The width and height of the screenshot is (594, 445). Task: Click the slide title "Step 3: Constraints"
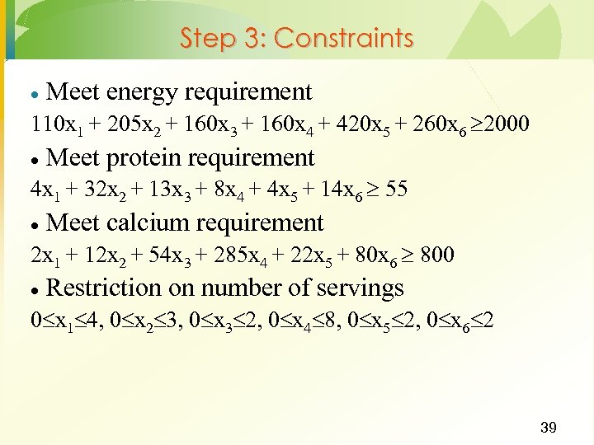pyautogui.click(x=296, y=38)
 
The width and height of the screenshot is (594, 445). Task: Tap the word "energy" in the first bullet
pyautogui.click(x=145, y=92)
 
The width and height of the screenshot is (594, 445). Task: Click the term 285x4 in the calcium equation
pyautogui.click(x=258, y=255)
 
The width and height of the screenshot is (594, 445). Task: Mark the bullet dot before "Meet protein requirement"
pyautogui.click(x=34, y=159)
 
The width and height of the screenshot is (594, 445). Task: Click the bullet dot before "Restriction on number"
pyautogui.click(x=34, y=289)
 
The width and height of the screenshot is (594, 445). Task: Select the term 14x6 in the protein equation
pyautogui.click(x=337, y=190)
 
